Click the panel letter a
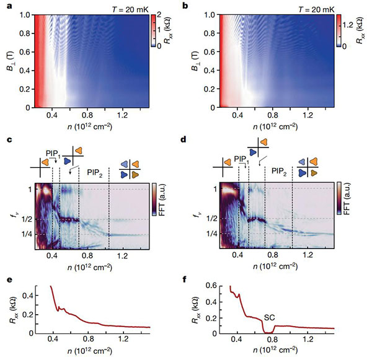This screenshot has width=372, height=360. coord(5,5)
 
